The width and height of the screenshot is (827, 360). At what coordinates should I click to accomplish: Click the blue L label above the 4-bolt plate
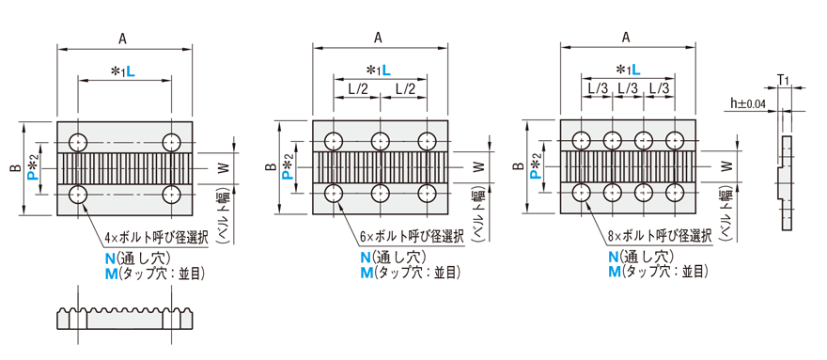point(131,72)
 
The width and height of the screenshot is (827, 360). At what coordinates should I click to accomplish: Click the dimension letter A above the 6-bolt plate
point(378,37)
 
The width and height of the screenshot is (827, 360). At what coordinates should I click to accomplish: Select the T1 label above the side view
point(784,79)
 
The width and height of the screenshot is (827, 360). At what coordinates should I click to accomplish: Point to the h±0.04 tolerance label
point(748,103)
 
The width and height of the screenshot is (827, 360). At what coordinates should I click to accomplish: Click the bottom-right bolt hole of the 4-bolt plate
point(171,195)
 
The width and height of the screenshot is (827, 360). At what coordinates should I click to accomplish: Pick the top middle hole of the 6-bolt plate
point(381,142)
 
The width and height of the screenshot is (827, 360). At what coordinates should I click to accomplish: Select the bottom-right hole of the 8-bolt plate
point(675,194)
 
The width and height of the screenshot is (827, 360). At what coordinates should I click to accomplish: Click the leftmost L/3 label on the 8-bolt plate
point(597,88)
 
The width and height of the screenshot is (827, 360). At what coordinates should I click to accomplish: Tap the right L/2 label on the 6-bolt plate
point(404,89)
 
